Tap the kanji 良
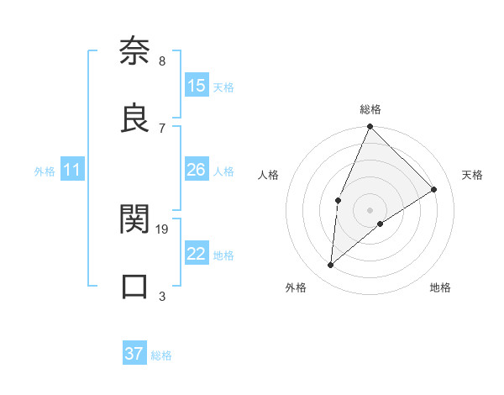(x=134, y=118)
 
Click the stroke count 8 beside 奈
(x=161, y=61)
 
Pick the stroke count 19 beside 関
(x=162, y=229)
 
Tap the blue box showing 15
(x=197, y=86)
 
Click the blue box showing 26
(x=197, y=170)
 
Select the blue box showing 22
(x=197, y=254)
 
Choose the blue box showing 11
(x=72, y=170)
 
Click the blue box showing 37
(x=134, y=354)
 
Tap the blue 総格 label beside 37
(x=161, y=355)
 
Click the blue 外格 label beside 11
(x=45, y=171)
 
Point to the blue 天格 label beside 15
(x=223, y=87)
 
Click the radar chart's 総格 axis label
(x=370, y=109)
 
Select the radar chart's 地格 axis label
(x=440, y=287)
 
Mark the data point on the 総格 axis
(x=370, y=127)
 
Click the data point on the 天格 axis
(x=434, y=189)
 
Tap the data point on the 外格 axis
(x=331, y=266)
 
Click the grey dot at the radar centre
(x=370, y=209)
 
